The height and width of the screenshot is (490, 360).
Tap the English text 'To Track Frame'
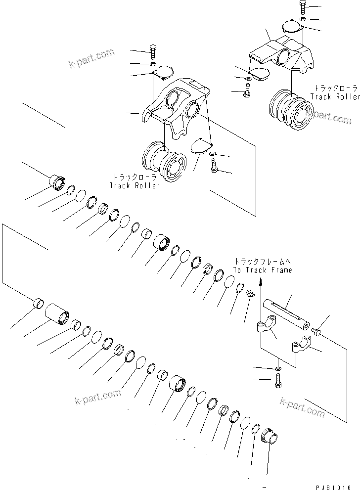263,270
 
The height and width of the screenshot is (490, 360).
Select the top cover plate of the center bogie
162,74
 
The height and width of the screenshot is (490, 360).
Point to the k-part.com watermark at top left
91,59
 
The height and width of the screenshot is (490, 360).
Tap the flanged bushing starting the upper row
56,181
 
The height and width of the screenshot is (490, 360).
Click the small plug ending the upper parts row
250,294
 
